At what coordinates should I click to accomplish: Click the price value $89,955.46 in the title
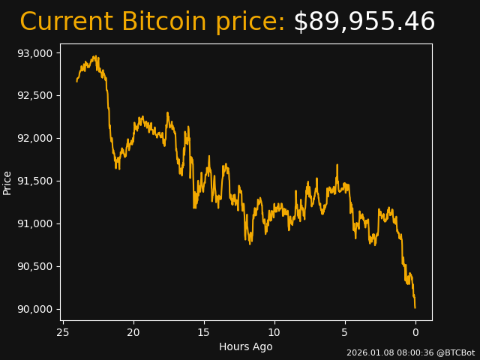364,22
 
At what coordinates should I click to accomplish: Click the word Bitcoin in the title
159,22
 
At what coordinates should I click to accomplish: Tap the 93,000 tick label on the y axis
36,53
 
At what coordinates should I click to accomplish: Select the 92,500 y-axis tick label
36,96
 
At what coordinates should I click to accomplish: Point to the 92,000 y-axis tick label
36,139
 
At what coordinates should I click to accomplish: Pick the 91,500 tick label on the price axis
36,181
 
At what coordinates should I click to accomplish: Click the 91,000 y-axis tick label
36,224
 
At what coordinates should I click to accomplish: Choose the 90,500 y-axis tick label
36,267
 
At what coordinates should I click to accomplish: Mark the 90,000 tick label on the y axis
36,310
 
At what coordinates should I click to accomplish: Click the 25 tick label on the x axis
63,332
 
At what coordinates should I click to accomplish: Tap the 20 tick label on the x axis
133,332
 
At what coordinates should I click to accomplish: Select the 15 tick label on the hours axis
204,332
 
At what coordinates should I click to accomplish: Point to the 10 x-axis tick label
274,332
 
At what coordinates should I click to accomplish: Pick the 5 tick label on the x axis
345,332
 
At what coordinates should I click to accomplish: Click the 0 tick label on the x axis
415,332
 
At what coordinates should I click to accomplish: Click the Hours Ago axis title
246,346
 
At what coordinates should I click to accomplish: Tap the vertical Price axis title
7,182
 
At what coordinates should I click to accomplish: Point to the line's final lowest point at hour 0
415,307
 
